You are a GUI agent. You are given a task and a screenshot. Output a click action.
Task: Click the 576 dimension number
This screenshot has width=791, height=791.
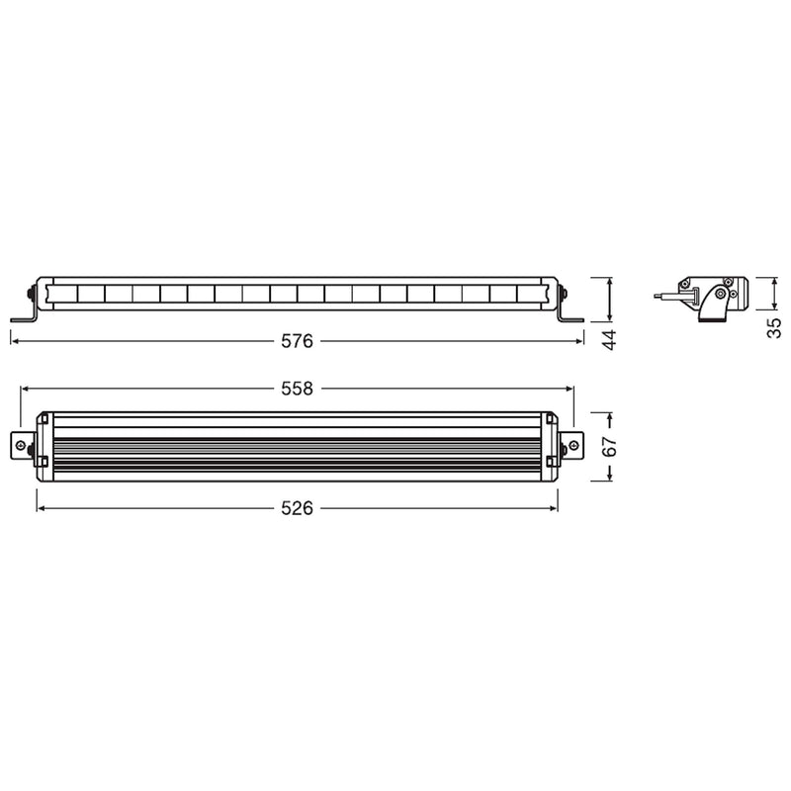click(x=297, y=341)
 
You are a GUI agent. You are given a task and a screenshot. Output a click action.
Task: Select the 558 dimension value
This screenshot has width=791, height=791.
click(x=297, y=389)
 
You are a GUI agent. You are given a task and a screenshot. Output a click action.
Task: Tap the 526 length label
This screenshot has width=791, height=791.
click(x=297, y=508)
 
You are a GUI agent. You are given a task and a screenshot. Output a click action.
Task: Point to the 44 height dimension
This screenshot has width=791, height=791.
click(x=610, y=339)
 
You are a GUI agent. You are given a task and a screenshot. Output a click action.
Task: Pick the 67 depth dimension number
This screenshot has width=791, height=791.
click(x=610, y=447)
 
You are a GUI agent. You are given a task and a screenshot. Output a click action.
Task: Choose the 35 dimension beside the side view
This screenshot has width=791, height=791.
click(x=774, y=327)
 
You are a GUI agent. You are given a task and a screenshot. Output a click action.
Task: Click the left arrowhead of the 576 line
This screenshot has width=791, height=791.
click(x=15, y=341)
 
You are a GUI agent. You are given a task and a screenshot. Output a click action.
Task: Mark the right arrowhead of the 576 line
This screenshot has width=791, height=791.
click(x=579, y=341)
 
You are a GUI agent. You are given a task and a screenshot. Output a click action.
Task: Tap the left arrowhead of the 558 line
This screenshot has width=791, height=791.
click(x=25, y=389)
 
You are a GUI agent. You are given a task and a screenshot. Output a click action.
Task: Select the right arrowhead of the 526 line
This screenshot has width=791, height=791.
click(x=553, y=508)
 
